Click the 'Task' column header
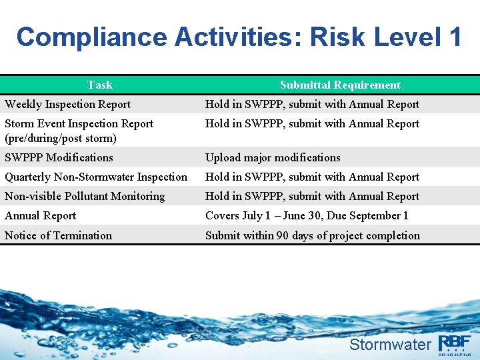(x=100, y=85)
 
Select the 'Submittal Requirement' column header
(x=340, y=85)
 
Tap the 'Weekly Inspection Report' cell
(x=67, y=104)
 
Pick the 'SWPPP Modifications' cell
(x=59, y=157)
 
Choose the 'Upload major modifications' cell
(x=273, y=157)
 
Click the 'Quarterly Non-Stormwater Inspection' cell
(x=96, y=177)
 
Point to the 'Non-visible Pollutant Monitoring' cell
(x=85, y=196)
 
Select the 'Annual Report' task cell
(x=40, y=215)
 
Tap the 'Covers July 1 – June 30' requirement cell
(x=307, y=215)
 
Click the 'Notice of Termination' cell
(x=58, y=235)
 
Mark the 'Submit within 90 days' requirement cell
(x=313, y=235)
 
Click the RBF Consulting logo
(x=455, y=344)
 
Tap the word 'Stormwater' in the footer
(x=390, y=345)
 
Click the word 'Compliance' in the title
(x=92, y=37)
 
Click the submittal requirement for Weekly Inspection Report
(x=312, y=104)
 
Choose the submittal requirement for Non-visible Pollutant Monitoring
(x=312, y=196)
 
